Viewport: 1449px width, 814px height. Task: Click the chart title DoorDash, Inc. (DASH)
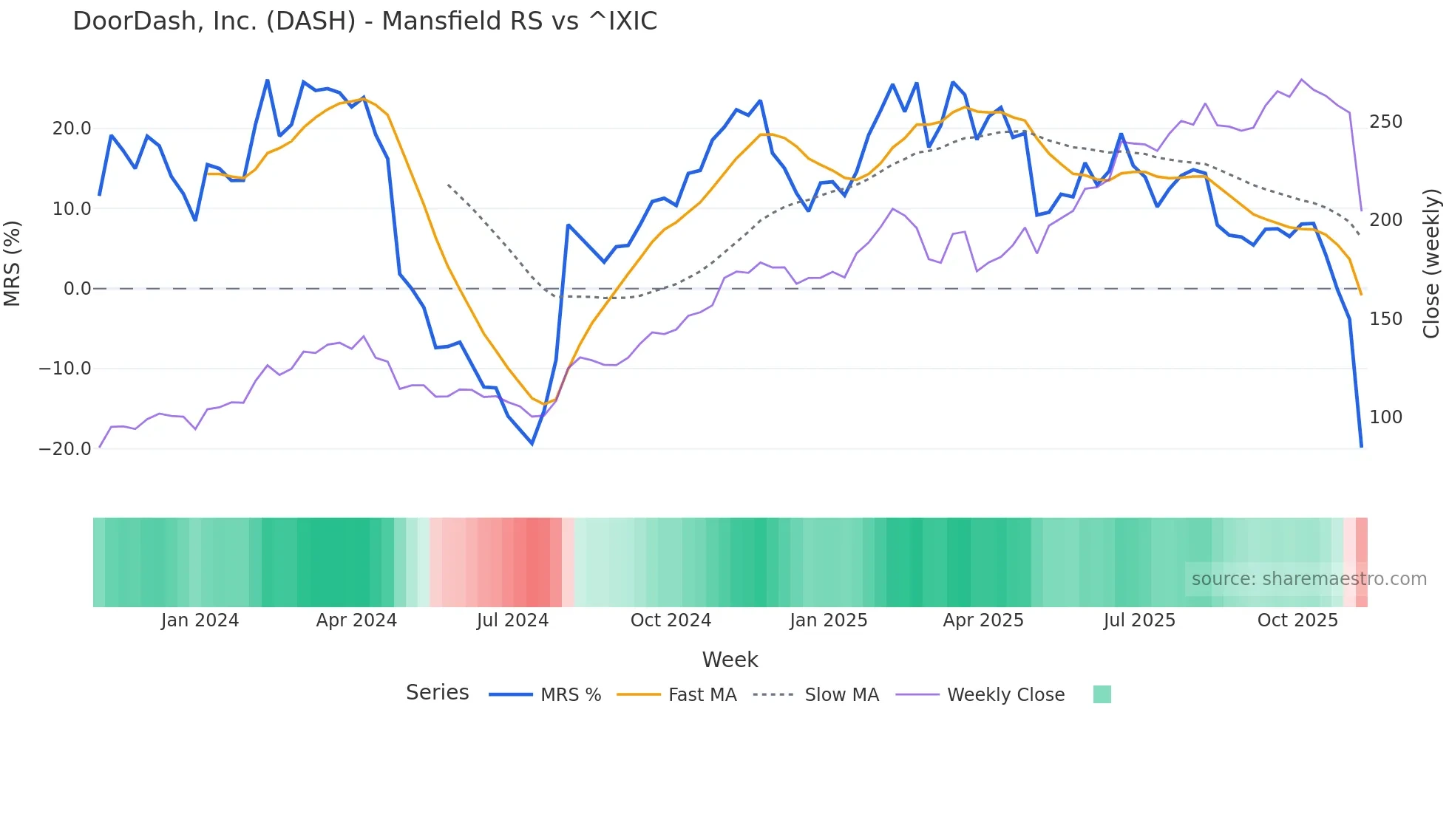pos(364,21)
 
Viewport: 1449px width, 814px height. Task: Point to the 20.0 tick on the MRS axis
pos(72,129)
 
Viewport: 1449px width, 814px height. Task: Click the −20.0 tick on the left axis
pos(65,449)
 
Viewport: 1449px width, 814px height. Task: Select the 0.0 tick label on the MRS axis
pos(77,289)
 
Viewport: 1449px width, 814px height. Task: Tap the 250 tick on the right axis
pos(1385,122)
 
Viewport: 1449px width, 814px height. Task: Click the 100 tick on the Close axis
pos(1385,417)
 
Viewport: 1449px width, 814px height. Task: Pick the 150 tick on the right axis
pos(1385,319)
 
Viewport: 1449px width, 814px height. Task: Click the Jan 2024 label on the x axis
pos(200,620)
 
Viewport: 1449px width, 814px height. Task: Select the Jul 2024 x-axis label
pos(512,620)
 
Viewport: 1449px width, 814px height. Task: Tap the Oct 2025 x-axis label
pos(1297,620)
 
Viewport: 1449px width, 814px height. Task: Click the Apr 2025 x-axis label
pos(983,620)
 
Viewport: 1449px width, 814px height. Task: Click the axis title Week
pos(730,660)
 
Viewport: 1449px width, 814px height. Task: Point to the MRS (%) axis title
pos(13,263)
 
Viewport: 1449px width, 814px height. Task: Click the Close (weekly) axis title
pos(1431,263)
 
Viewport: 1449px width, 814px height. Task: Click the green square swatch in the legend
pos(1102,694)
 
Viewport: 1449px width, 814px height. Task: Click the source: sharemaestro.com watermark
pos(1309,579)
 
